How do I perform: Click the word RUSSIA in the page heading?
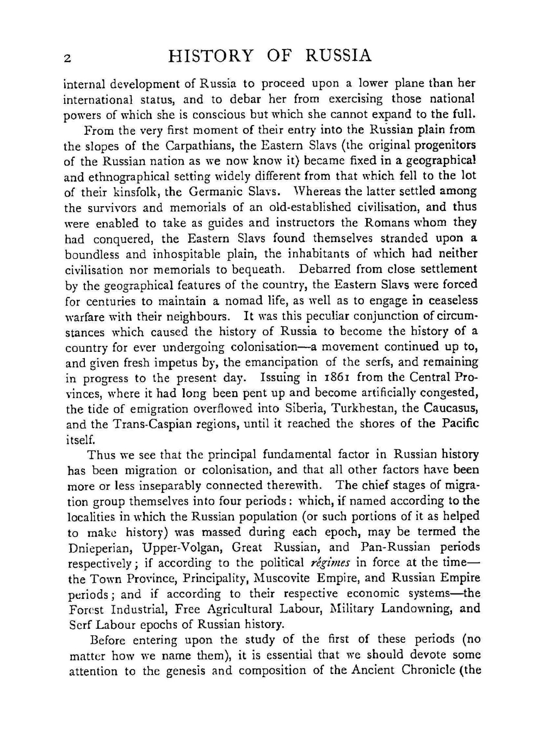[x=339, y=56]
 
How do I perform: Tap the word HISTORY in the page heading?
[x=211, y=56]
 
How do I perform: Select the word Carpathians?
[x=198, y=146]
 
